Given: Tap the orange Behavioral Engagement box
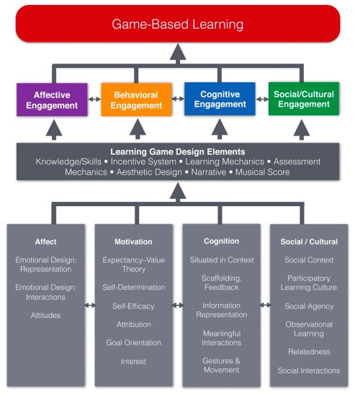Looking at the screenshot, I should pyautogui.click(x=137, y=100).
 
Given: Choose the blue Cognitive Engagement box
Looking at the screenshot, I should pyautogui.click(x=220, y=100).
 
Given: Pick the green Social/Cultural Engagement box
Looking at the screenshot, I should pyautogui.click(x=303, y=100).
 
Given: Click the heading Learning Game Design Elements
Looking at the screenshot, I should pyautogui.click(x=177, y=152).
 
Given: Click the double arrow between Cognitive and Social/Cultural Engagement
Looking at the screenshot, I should pyautogui.click(x=261, y=100).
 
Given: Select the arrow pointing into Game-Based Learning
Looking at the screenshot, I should pyautogui.click(x=178, y=53).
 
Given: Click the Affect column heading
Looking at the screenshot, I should pyautogui.click(x=45, y=241).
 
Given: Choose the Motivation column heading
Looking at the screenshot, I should pyautogui.click(x=133, y=241).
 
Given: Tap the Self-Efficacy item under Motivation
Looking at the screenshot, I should pyautogui.click(x=133, y=306).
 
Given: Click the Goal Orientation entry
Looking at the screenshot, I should pyautogui.click(x=133, y=343).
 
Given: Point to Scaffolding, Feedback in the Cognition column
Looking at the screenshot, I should pyautogui.click(x=221, y=282).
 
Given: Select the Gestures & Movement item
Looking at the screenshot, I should pyautogui.click(x=221, y=365).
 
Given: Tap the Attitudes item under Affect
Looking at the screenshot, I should pyautogui.click(x=45, y=315).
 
